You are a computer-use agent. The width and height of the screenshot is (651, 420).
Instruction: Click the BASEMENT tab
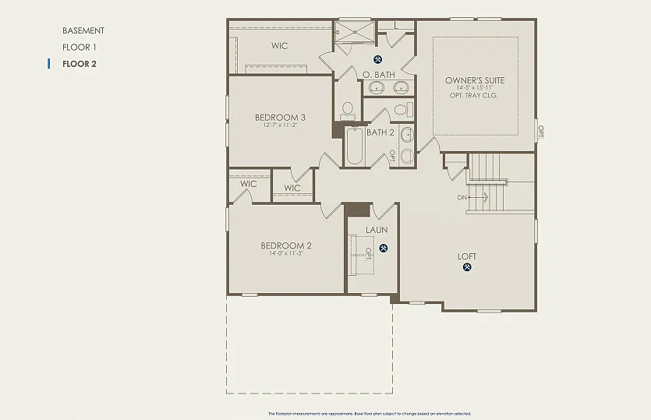click(x=83, y=30)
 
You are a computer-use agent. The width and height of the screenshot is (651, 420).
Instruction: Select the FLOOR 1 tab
click(x=79, y=48)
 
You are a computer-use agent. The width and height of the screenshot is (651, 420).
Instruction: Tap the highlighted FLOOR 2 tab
click(x=79, y=64)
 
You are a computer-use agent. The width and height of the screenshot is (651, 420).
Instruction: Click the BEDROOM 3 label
click(x=280, y=118)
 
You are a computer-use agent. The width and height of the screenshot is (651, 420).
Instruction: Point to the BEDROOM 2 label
click(x=286, y=245)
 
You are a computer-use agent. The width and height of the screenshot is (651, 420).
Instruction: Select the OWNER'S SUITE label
click(x=475, y=80)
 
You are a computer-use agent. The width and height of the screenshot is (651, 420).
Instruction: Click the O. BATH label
click(x=379, y=75)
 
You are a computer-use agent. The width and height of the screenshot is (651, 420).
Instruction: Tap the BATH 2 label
click(x=380, y=132)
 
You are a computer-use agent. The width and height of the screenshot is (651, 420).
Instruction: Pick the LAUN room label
click(x=377, y=230)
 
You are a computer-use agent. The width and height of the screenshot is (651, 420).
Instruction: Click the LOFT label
click(x=468, y=256)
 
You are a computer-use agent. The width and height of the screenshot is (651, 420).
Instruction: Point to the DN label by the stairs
click(x=462, y=197)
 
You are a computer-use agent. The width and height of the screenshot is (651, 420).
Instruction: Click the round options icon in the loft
click(x=468, y=268)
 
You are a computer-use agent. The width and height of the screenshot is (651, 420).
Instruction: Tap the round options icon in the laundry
click(x=384, y=249)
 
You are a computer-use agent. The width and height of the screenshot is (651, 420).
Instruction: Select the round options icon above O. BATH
click(x=379, y=60)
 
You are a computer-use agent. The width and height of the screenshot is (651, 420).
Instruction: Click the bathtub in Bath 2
click(x=355, y=146)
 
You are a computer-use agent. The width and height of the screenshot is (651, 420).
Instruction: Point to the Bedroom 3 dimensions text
click(x=280, y=125)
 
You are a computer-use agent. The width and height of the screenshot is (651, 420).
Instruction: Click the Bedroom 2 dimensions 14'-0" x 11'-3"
click(x=286, y=253)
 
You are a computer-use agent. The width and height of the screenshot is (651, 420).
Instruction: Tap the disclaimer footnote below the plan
click(x=369, y=414)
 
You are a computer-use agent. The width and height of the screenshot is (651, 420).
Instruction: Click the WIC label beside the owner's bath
click(x=279, y=46)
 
